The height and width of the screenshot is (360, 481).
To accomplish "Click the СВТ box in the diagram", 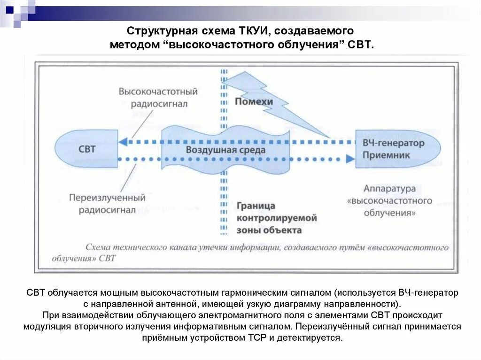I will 87,149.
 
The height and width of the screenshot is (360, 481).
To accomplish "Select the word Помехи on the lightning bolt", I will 254,101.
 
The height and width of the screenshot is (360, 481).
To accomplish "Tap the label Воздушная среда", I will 225,150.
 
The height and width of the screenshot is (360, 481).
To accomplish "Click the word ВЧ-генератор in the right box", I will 393,143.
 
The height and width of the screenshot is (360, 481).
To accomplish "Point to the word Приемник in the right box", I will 386,155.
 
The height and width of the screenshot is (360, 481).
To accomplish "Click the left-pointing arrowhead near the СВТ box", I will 124,142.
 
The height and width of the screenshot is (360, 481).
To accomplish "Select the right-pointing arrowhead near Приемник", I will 349,159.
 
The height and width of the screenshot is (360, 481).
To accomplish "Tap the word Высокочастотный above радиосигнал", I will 158,92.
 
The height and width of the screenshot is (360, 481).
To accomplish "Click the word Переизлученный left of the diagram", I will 107,198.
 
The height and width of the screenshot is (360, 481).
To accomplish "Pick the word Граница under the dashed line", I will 256,206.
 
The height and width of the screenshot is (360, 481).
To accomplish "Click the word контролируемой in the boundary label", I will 277,218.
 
